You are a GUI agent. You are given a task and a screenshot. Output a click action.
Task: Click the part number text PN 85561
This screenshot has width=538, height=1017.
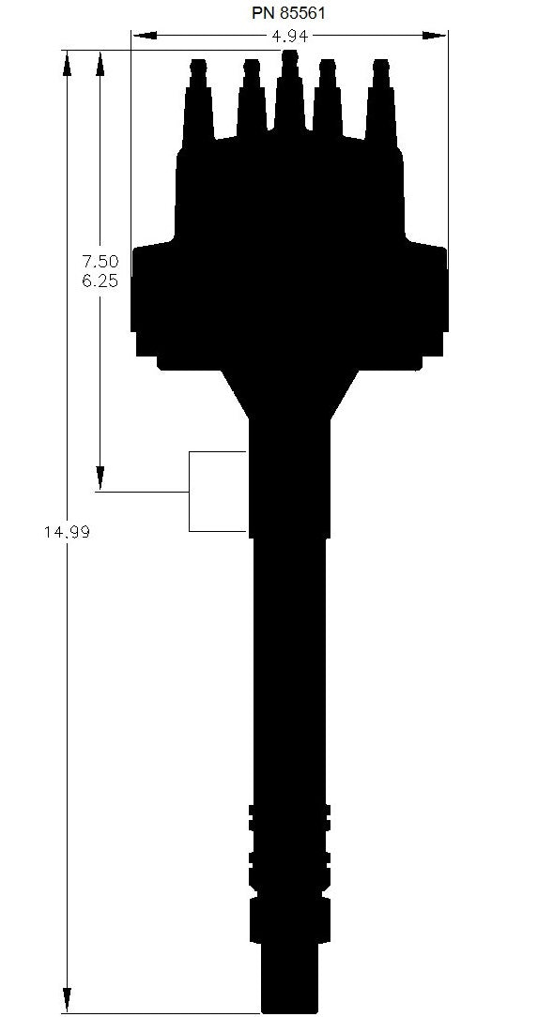288,13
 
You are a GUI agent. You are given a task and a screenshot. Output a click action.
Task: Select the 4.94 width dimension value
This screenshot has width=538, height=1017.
289,37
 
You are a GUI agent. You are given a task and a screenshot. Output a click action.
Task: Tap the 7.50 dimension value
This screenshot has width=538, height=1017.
100,262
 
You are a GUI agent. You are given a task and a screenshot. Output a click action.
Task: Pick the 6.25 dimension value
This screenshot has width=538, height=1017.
100,281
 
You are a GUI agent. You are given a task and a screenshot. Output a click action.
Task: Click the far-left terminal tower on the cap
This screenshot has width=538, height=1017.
197,99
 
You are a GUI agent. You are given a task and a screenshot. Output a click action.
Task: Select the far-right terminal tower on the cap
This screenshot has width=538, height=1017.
380,99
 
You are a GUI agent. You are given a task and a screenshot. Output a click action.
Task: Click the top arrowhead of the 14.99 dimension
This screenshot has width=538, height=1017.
68,62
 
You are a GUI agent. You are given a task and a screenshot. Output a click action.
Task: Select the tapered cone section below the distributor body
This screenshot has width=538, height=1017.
289,394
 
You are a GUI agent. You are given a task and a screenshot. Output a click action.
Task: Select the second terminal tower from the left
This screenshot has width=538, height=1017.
251,99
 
